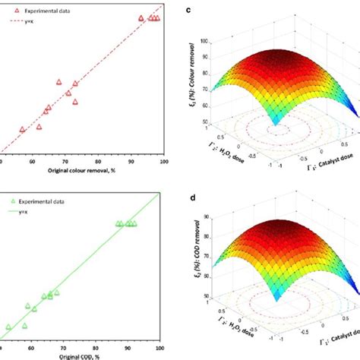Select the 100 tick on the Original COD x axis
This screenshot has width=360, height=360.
click(x=158, y=349)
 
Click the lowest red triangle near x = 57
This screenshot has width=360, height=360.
click(x=22, y=130)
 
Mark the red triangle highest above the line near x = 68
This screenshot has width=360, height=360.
click(x=58, y=82)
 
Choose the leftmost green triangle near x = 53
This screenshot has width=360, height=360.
click(x=9, y=327)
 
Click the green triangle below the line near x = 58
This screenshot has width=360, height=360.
click(x=25, y=326)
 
